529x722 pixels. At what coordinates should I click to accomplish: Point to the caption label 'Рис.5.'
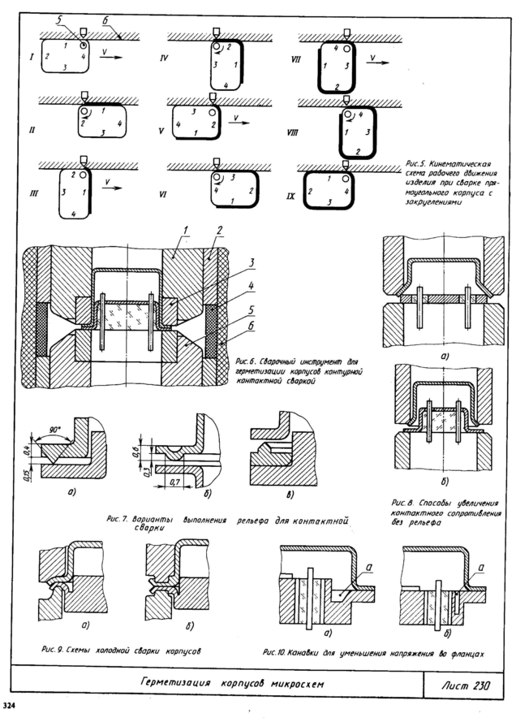[x=415, y=164]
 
